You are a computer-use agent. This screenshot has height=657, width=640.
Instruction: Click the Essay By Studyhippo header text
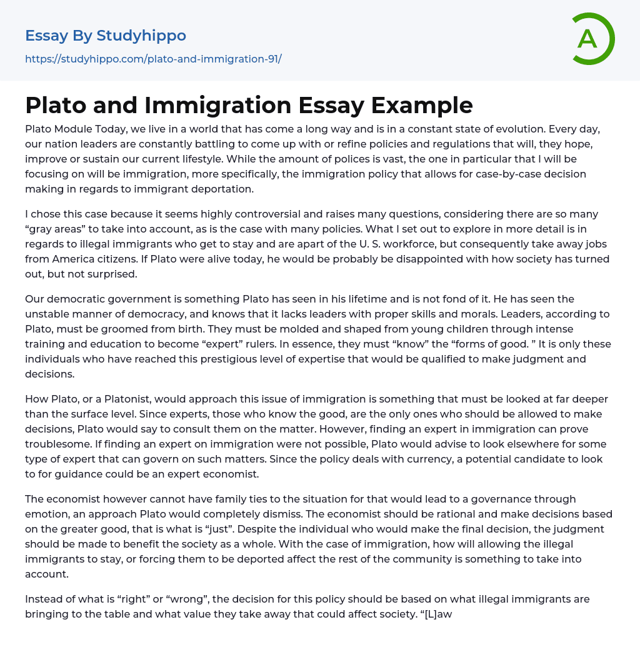(x=106, y=36)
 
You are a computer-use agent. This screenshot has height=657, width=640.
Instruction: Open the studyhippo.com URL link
(x=153, y=59)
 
